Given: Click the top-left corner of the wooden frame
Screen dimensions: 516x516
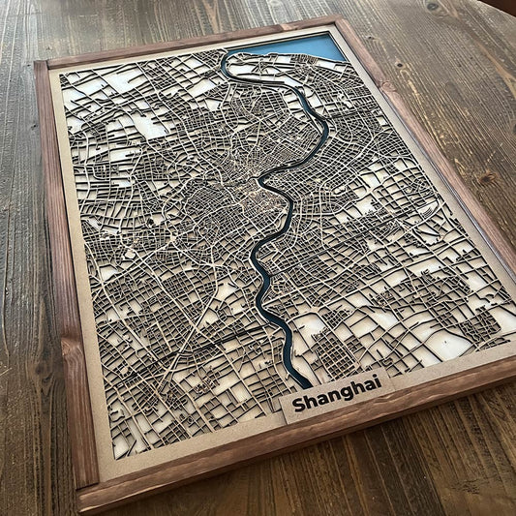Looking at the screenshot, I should (x=39, y=65).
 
